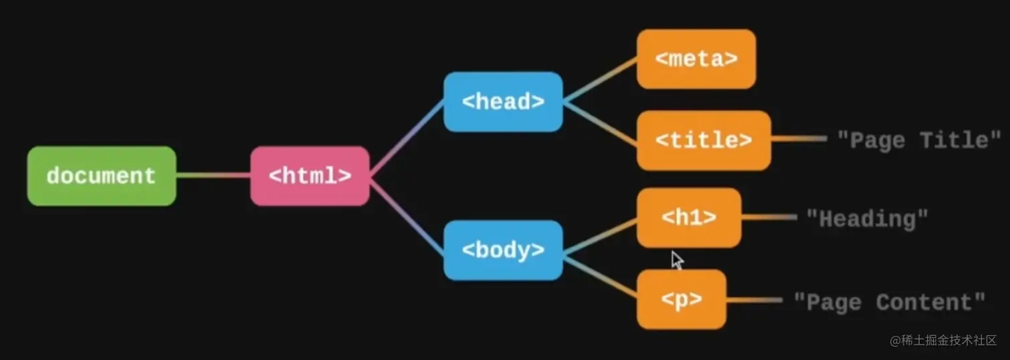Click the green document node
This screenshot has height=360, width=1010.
click(x=102, y=176)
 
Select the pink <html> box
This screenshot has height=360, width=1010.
click(x=310, y=176)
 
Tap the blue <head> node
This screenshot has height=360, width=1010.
click(x=503, y=102)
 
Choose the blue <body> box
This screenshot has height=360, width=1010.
click(x=503, y=250)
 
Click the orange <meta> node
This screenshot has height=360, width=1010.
click(x=696, y=59)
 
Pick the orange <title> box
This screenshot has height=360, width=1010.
click(x=703, y=140)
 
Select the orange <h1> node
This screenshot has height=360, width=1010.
click(x=689, y=218)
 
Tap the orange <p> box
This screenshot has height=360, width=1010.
click(x=681, y=299)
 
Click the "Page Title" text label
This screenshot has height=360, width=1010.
click(x=919, y=140)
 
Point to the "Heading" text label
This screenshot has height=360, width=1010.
click(x=867, y=218)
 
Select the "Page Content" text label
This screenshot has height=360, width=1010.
click(x=889, y=302)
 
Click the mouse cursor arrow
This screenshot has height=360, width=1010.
click(x=677, y=259)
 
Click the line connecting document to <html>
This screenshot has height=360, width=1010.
click(x=213, y=176)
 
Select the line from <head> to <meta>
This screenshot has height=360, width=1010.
click(x=599, y=80)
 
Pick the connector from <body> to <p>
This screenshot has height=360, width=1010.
click(x=599, y=275)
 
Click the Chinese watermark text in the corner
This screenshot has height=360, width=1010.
click(x=943, y=341)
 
